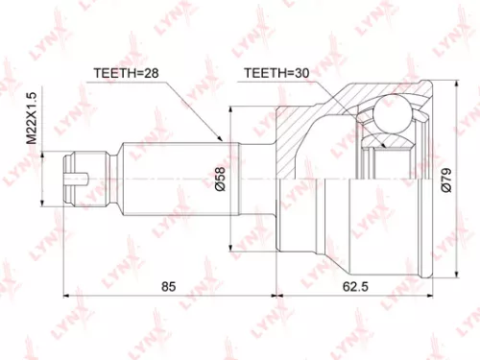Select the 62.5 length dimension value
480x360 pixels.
click(x=355, y=286)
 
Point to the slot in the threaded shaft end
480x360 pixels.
click(x=82, y=177)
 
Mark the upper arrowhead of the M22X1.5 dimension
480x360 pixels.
click(x=40, y=150)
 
